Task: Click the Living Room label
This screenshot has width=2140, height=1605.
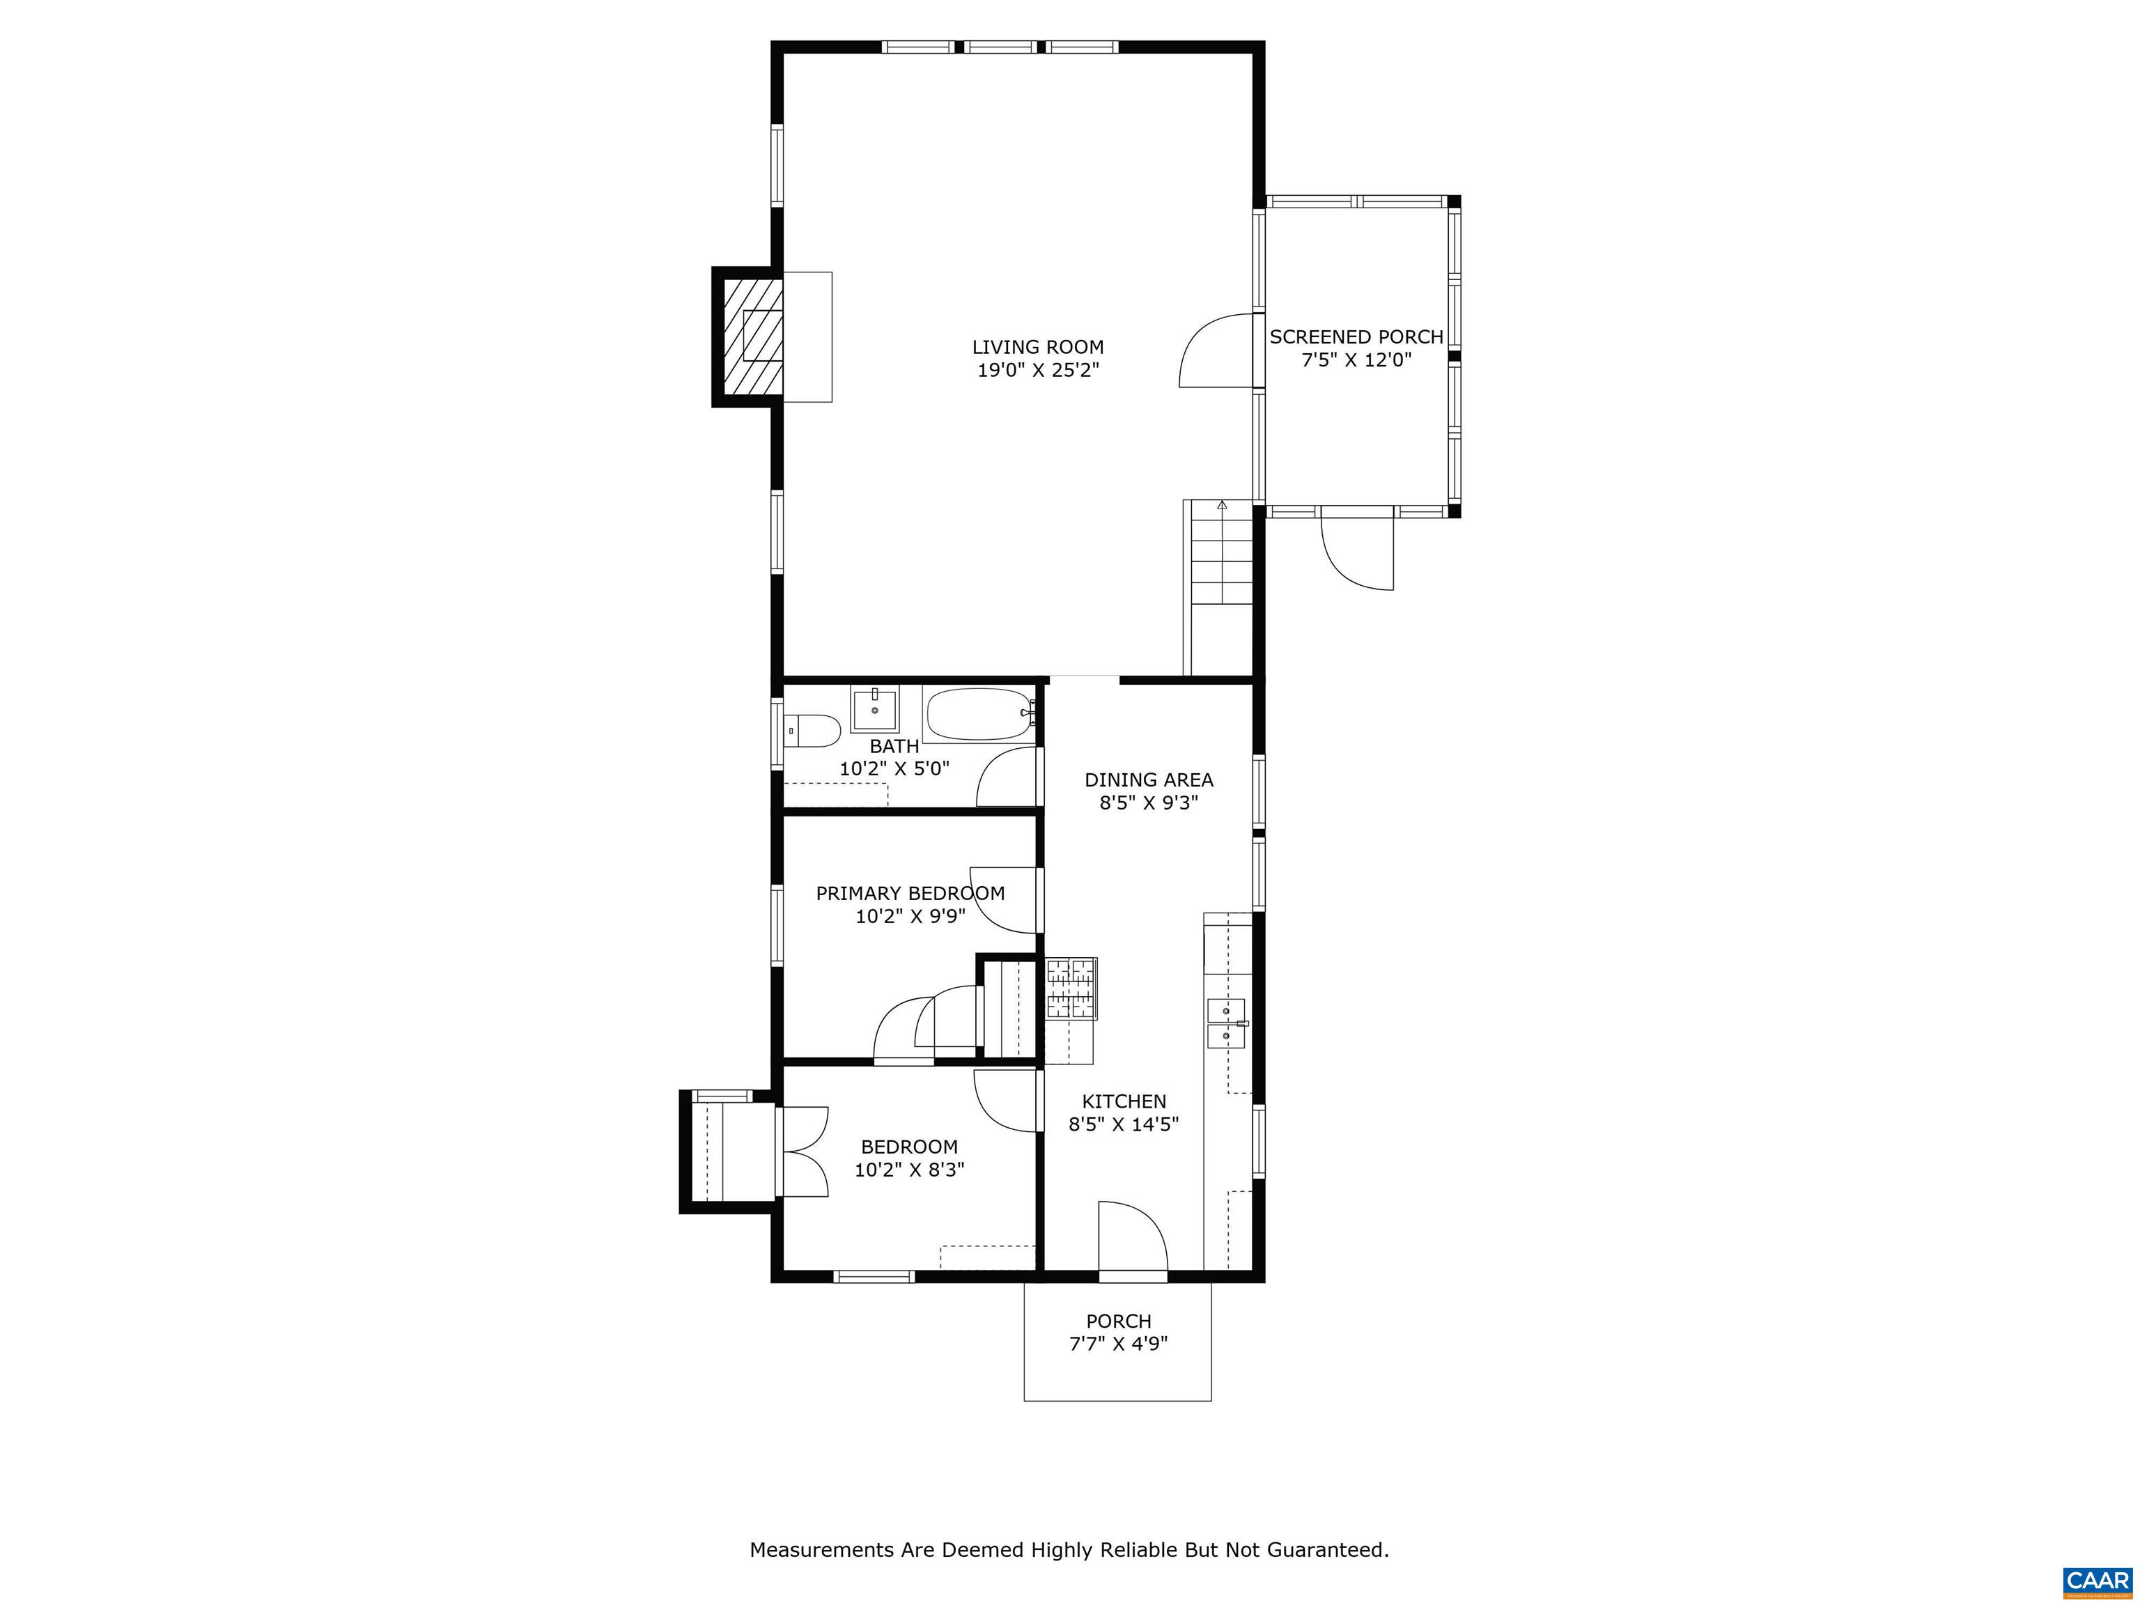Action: [x=1037, y=346]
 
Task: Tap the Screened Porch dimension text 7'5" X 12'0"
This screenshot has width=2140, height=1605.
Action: [x=1356, y=361]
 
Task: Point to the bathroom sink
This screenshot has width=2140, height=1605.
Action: [x=874, y=709]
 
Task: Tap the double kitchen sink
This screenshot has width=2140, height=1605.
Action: [x=1227, y=1023]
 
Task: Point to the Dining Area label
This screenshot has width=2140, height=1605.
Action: [x=1148, y=780]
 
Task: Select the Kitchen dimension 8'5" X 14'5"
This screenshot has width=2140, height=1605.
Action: [x=1123, y=1124]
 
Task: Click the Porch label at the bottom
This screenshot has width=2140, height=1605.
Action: [x=1118, y=1321]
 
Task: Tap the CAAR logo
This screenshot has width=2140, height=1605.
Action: [x=2098, y=1581]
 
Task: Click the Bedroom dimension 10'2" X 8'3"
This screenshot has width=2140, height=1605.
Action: [x=909, y=1170]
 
